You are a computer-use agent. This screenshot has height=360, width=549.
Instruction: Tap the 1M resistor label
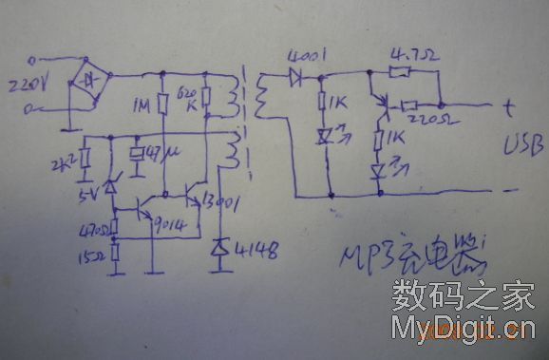pos(146,102)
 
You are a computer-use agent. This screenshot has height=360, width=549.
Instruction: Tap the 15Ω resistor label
pos(95,254)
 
